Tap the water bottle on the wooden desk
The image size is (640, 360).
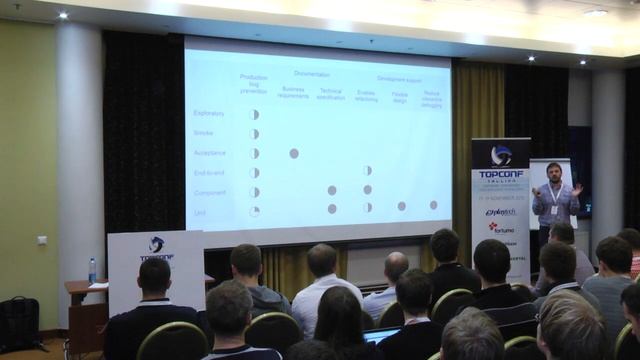93,270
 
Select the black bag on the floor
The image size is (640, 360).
17,322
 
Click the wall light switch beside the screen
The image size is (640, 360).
42,240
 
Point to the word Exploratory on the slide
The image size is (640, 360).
209,113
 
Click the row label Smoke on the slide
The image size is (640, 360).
203,133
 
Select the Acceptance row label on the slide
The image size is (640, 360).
209,153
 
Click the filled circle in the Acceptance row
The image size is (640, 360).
294,153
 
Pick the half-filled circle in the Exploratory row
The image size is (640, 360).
254,114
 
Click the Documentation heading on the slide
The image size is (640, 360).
312,74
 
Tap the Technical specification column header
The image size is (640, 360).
331,94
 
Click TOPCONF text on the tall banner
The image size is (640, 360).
501,172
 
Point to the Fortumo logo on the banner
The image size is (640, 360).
501,227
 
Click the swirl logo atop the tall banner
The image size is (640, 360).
501,155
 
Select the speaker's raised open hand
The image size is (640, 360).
577,188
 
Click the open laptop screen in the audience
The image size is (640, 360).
381,335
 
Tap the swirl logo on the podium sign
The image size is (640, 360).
156,244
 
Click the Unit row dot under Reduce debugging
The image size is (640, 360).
433,205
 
